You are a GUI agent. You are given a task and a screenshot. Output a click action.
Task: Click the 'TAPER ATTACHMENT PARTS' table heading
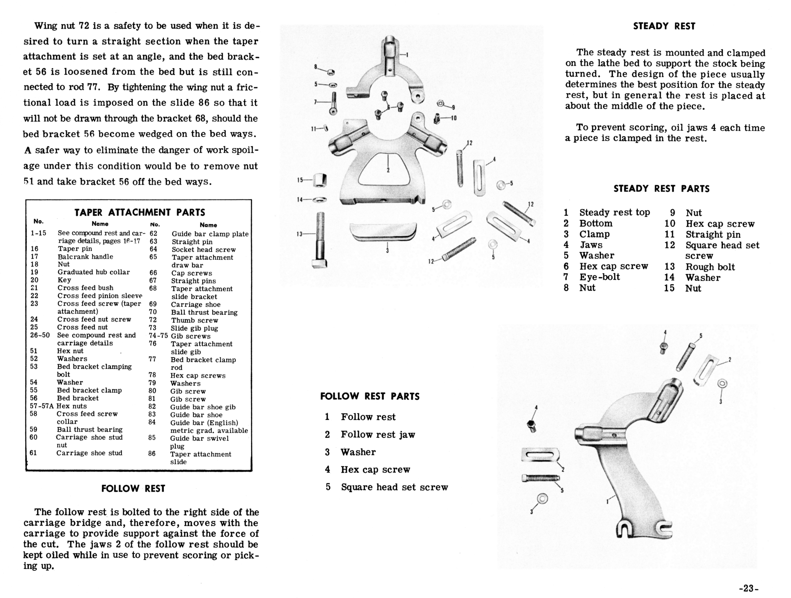tap(139, 212)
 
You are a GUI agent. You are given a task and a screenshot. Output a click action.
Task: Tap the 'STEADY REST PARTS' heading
tap(661, 189)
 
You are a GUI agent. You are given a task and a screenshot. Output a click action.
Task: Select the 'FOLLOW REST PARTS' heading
tap(370, 396)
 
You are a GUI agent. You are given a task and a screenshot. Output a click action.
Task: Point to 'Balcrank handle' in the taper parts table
tap(85, 257)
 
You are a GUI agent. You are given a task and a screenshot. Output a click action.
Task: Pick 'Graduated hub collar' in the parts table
tap(94, 272)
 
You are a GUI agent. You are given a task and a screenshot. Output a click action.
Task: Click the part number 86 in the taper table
tap(152, 454)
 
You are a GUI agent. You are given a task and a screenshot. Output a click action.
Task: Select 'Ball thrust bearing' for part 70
tap(204, 313)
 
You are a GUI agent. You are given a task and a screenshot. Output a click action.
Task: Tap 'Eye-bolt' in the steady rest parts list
tap(600, 277)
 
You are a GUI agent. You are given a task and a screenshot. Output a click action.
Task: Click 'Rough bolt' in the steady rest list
tap(710, 267)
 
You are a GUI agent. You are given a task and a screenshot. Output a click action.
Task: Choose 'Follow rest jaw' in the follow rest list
tap(378, 435)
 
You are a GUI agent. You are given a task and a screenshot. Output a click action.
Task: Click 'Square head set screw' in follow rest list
tap(395, 487)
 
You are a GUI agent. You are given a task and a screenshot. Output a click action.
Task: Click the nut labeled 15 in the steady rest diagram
tap(320, 180)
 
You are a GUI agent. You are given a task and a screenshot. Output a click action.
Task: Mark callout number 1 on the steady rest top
tap(407, 55)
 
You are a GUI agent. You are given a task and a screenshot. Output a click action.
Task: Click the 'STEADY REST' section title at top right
tap(664, 26)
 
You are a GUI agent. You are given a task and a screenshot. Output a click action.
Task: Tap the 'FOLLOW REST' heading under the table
tap(133, 489)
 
